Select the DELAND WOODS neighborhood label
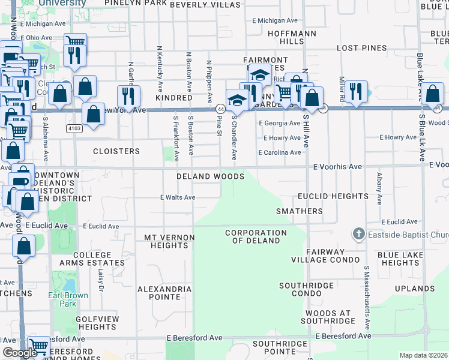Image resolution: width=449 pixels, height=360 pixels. coord(210,177)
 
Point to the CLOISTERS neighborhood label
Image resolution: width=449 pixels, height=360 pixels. coord(116,151)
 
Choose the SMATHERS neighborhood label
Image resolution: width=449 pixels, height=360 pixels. coord(299,211)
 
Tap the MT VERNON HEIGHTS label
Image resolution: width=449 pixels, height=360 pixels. coord(169,241)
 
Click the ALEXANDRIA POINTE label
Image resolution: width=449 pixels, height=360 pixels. coord(164,293)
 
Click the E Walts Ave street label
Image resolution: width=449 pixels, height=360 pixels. coord(177,197)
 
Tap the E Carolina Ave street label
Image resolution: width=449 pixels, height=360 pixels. coord(279,153)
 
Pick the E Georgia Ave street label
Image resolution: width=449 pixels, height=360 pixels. coord(279,123)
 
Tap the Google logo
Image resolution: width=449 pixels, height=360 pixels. coord(20,353)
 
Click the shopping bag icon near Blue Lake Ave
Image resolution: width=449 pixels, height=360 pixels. coord(433,94)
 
